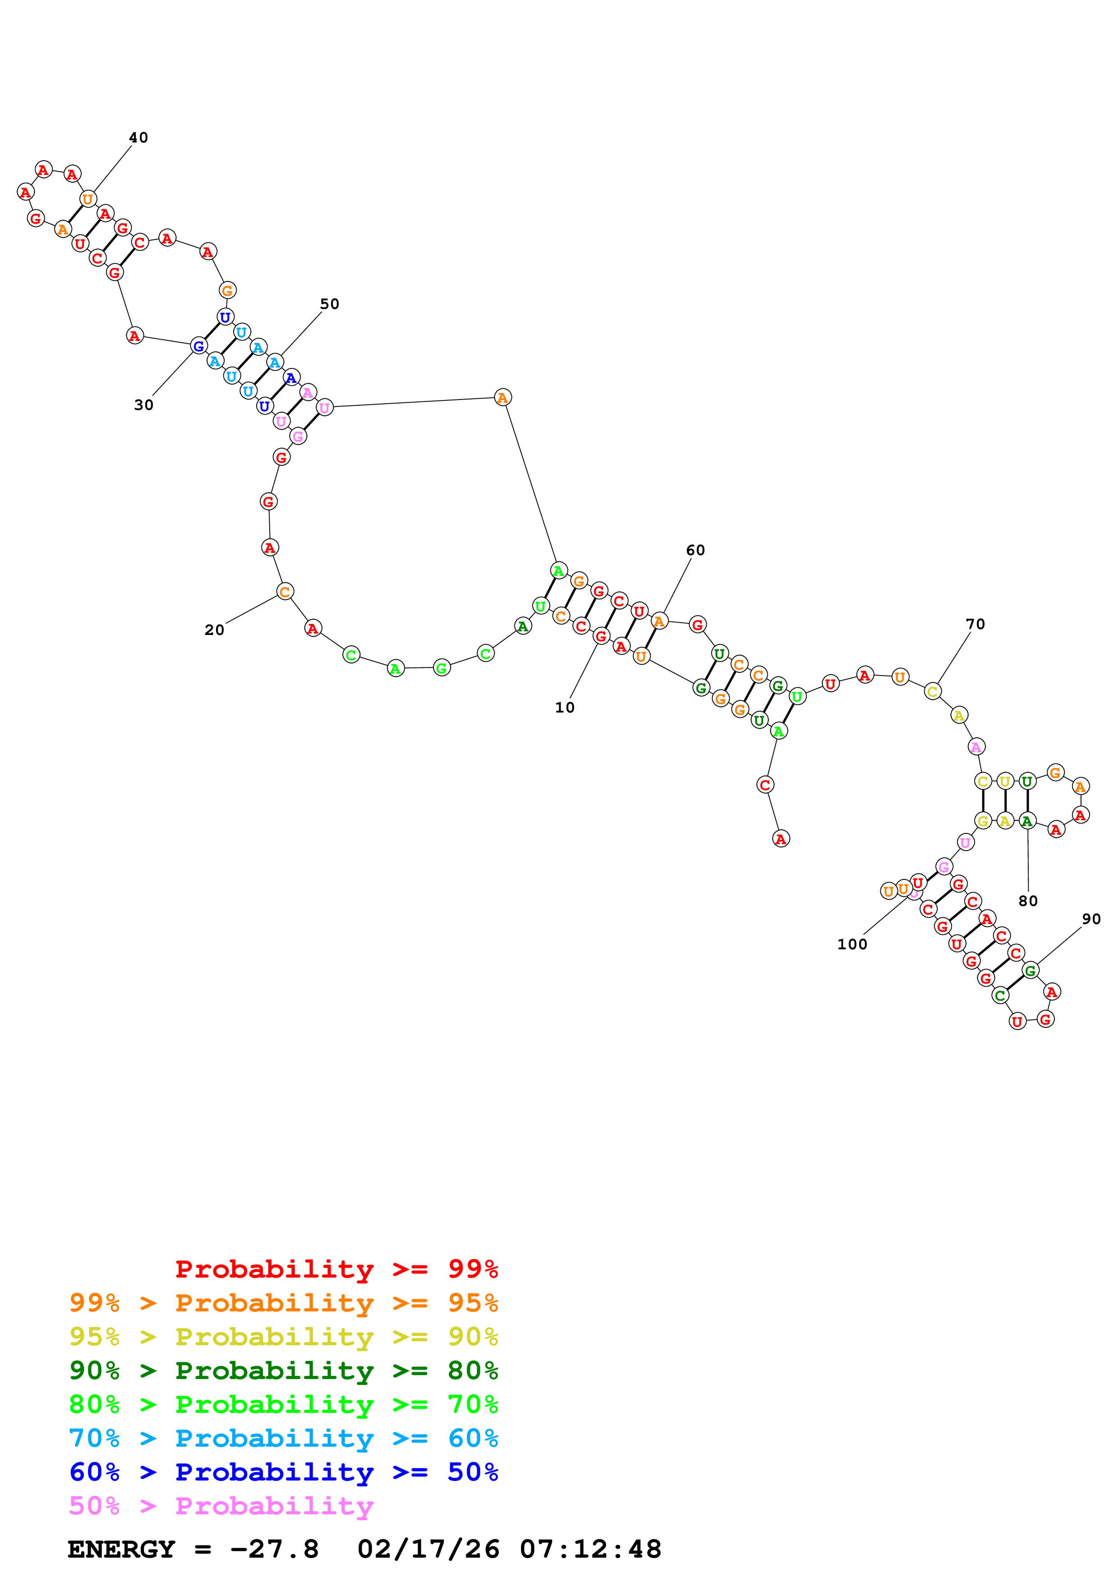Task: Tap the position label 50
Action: [x=329, y=304]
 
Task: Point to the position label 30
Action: [x=143, y=405]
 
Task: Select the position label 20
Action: [x=214, y=630]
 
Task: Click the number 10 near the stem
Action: [x=564, y=708]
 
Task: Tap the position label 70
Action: [x=975, y=624]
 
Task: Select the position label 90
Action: [x=1090, y=919]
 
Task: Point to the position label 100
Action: [x=851, y=945]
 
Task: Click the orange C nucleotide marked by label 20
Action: [x=285, y=592]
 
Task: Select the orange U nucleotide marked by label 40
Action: [x=87, y=200]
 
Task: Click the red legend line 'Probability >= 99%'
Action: [x=336, y=1269]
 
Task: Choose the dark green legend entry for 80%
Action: [x=283, y=1370]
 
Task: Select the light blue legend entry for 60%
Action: [x=283, y=1438]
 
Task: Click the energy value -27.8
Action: [x=274, y=1549]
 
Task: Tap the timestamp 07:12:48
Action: [x=590, y=1549]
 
